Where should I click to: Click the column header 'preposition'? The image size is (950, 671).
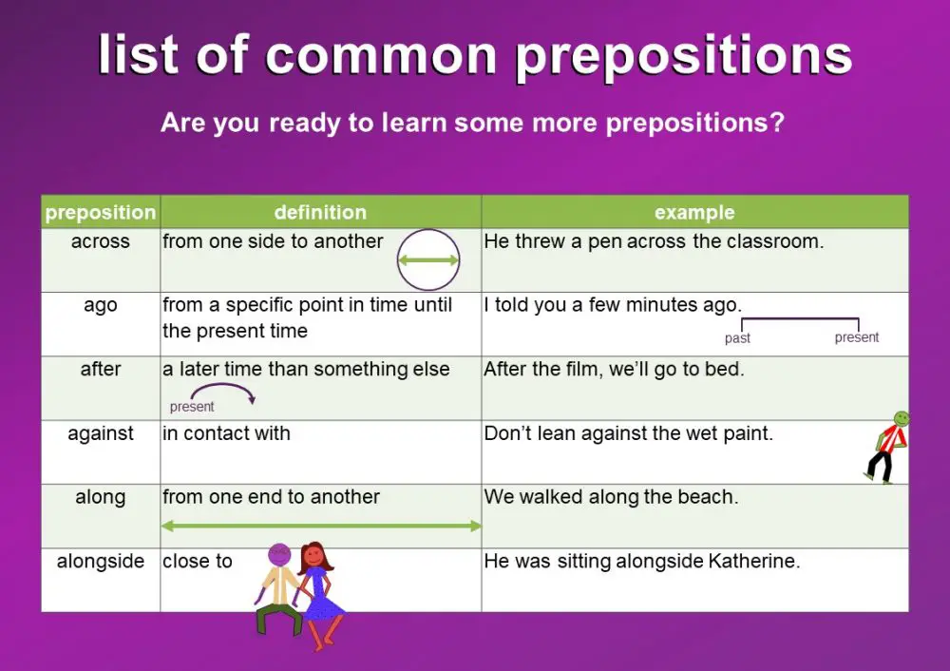[x=100, y=212]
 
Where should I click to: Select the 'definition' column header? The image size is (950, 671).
[x=320, y=212]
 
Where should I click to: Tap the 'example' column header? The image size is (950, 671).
[x=694, y=212]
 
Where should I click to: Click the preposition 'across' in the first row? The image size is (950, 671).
[x=100, y=241]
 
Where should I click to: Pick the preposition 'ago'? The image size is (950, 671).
[x=100, y=305]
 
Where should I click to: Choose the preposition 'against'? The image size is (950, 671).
[x=100, y=433]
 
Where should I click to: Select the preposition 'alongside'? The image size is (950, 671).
[x=100, y=561]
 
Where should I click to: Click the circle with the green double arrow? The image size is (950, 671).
[x=427, y=259]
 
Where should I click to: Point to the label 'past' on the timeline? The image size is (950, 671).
[x=737, y=338]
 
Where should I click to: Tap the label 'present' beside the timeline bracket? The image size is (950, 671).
[x=857, y=337]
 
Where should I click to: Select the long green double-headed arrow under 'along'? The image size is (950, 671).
[x=321, y=525]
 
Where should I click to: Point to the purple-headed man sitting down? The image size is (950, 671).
[x=277, y=589]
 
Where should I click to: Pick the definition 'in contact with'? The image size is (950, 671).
[x=226, y=433]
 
